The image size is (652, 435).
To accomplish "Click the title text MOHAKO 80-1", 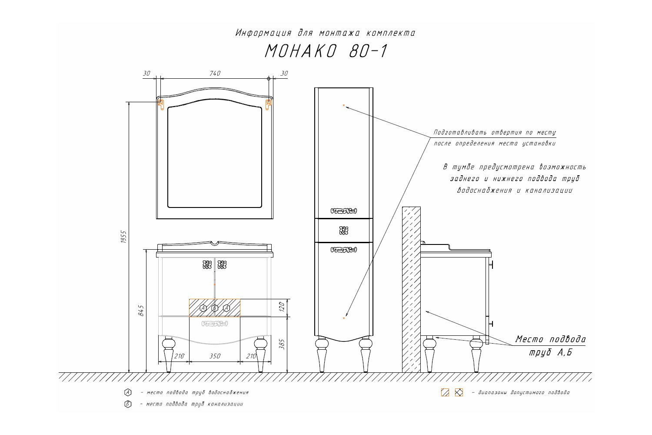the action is pos(326,51).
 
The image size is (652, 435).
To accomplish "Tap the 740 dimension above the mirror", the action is pos(215,74).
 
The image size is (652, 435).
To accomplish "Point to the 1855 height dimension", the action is pos(124,237).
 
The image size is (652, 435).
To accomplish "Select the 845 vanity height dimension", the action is pos(141,311).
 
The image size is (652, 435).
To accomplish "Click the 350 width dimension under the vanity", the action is pos(215,356).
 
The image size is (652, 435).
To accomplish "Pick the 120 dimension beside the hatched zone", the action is pos(282,307).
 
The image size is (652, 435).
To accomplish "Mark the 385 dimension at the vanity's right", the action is pos(282,345).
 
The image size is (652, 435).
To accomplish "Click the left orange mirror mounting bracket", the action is pos(161,104).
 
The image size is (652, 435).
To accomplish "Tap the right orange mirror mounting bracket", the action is pos(268,104).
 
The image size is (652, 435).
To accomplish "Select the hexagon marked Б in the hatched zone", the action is pos(215,308).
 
